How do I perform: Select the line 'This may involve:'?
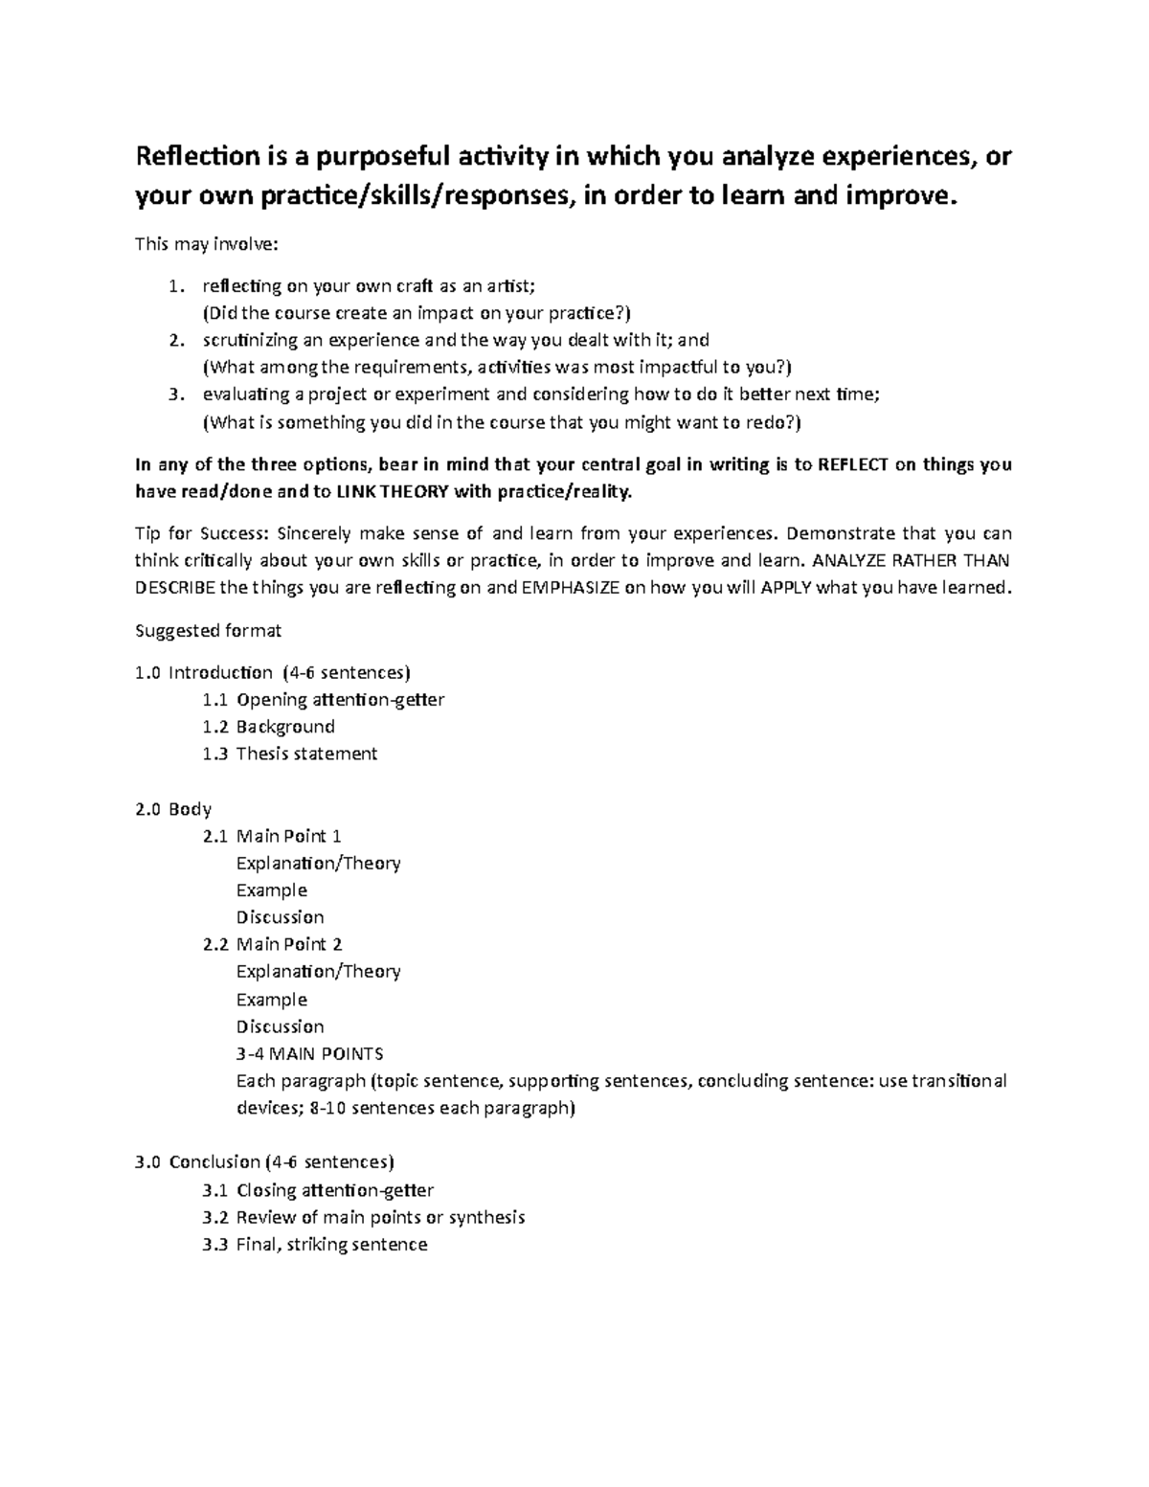206,244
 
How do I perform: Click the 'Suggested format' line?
209,631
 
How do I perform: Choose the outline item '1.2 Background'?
269,727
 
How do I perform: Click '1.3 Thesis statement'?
290,754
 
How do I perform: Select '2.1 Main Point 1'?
272,836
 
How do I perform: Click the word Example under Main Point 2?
271,1000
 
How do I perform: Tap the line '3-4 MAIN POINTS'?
309,1054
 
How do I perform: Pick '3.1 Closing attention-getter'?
318,1190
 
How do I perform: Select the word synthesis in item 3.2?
486,1218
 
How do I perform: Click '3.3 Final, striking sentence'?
315,1245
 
